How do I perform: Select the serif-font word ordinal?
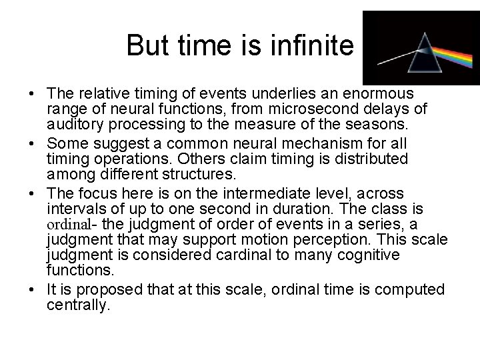69,224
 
